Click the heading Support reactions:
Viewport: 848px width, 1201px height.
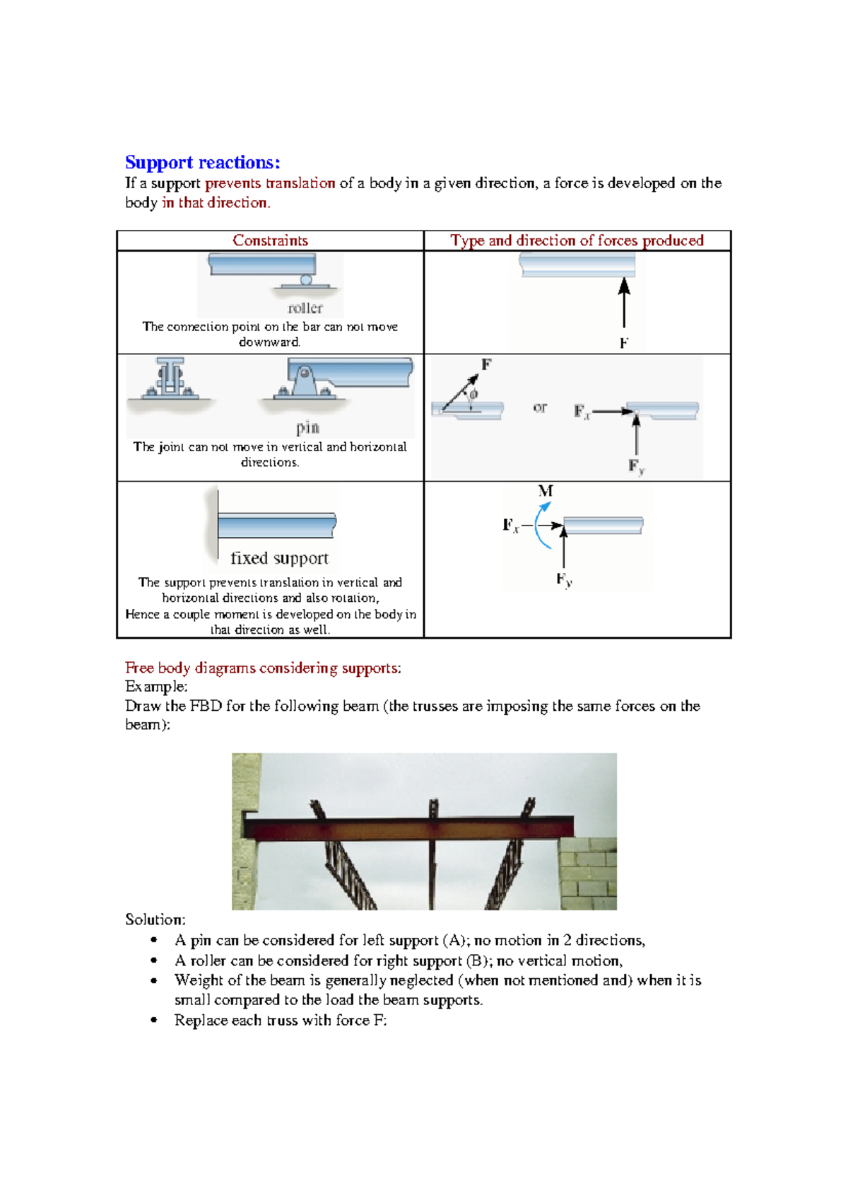203,163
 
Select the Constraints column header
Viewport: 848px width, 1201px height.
270,240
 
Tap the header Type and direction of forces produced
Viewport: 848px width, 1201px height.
577,240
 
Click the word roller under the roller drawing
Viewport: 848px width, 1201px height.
305,308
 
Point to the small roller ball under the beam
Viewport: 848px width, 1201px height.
306,280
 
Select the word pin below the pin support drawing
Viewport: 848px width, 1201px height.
307,428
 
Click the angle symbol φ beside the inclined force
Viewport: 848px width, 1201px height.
473,394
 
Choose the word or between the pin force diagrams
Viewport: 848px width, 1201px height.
540,407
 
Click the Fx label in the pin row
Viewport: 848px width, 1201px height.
582,412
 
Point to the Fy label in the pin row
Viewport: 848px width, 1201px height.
636,467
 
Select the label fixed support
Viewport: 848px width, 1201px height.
279,558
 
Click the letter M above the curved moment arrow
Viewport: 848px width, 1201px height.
545,491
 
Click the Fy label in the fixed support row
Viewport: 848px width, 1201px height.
563,580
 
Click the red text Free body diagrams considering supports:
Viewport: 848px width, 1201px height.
263,668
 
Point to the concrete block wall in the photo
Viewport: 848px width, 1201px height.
588,874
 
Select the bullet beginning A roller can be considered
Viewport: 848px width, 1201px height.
399,961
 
